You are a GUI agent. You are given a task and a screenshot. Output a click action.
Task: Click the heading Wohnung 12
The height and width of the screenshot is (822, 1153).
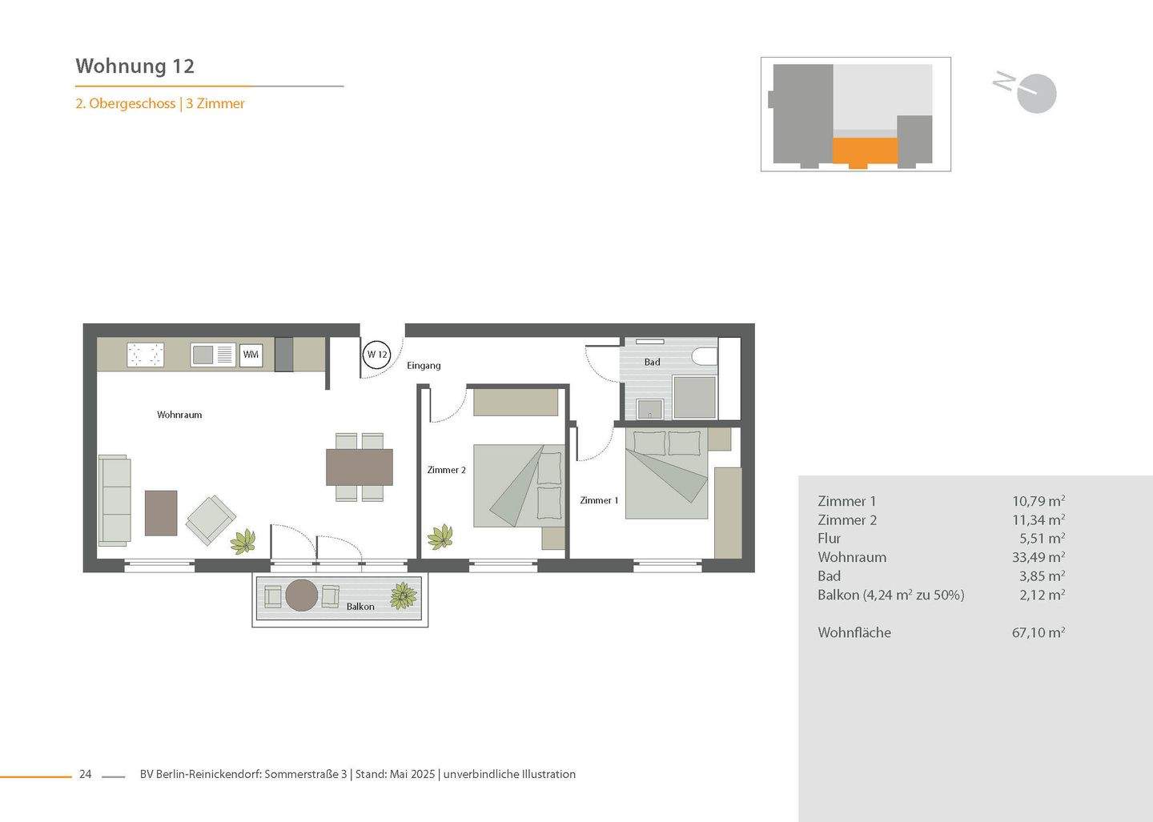[135, 66]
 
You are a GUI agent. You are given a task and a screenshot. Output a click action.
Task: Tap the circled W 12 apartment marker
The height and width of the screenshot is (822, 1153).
[376, 355]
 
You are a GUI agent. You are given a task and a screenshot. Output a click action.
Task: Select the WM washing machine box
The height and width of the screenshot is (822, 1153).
[251, 355]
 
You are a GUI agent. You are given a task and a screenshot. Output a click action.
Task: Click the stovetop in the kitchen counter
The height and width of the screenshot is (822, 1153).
[146, 355]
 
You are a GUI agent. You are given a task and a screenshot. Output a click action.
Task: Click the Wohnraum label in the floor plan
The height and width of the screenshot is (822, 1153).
[179, 415]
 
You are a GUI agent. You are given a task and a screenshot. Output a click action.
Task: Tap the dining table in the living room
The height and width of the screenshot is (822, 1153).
[360, 467]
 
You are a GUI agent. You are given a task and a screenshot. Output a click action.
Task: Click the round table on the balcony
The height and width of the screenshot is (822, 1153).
[302, 595]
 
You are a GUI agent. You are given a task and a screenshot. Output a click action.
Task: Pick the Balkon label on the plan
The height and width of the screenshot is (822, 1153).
[360, 607]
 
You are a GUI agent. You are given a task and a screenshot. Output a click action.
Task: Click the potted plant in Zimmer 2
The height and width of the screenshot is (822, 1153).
[440, 536]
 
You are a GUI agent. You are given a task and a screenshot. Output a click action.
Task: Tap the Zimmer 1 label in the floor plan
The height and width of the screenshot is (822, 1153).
[599, 500]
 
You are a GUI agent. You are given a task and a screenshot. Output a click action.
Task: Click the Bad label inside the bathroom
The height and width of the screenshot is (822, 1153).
[653, 363]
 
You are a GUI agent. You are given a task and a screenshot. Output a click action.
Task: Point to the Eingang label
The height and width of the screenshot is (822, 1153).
[424, 366]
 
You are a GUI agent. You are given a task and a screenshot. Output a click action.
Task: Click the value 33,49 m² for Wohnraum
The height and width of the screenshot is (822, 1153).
[1038, 557]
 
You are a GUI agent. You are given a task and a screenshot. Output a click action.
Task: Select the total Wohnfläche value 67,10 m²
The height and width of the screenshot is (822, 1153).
[1038, 632]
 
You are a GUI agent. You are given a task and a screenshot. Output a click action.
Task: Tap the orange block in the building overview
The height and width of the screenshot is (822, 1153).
[865, 150]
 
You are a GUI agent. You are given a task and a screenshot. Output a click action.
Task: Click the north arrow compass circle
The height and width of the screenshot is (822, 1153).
[1038, 94]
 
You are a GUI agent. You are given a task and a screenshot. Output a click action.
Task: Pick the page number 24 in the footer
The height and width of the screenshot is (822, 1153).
[85, 774]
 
